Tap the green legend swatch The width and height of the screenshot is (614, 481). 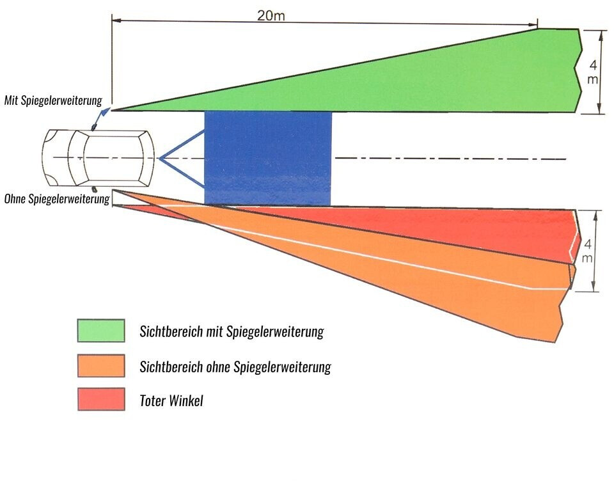coord(101,331)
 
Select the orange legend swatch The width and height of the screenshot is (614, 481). coord(101,366)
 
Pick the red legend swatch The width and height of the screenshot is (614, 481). coord(101,399)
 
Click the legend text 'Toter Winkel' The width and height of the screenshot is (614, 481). coord(171,401)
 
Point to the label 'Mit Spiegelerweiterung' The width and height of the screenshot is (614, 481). coord(52,100)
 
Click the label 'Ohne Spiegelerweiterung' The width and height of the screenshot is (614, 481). coord(56,199)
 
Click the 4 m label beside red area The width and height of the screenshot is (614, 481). coord(588,250)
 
